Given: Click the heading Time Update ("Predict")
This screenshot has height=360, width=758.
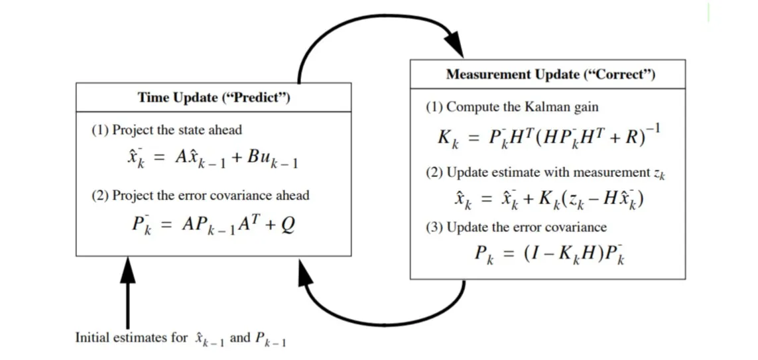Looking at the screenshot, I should pyautogui.click(x=214, y=98).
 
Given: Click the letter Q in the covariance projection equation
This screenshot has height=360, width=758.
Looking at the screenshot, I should pyautogui.click(x=288, y=225).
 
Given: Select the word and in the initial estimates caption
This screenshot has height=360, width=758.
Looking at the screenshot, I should pyautogui.click(x=240, y=337).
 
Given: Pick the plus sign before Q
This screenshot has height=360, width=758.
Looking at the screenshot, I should pyautogui.click(x=270, y=225).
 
